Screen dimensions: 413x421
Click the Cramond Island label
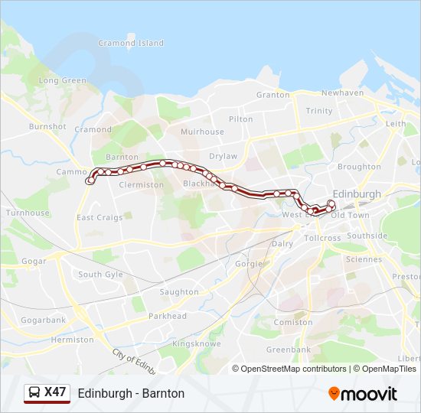pyautogui.click(x=130, y=44)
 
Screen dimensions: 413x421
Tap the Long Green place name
pyautogui.click(x=63, y=80)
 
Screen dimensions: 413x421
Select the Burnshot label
pyautogui.click(x=47, y=126)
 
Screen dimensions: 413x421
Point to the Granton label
pyautogui.click(x=273, y=95)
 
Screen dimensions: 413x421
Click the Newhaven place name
pyautogui.click(x=342, y=93)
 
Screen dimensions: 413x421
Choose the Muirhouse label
pyautogui.click(x=202, y=132)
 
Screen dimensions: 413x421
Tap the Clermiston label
pyautogui.click(x=142, y=185)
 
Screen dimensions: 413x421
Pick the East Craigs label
pyautogui.click(x=100, y=218)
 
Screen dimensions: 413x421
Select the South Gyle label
pyautogui.click(x=100, y=275)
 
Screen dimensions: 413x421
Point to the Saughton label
pyautogui.click(x=179, y=292)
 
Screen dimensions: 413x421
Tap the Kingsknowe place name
pyautogui.click(x=197, y=344)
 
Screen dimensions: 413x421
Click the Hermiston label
pyautogui.click(x=72, y=340)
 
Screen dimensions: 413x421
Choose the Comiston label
pyautogui.click(x=294, y=323)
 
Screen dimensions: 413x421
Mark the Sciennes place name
pyautogui.click(x=363, y=259)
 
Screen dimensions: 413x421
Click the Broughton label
pyautogui.click(x=359, y=167)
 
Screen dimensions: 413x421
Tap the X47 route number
pyautogui.click(x=56, y=392)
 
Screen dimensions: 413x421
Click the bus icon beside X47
pyautogui.click(x=34, y=393)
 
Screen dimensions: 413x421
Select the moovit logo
pyautogui.click(x=363, y=394)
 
